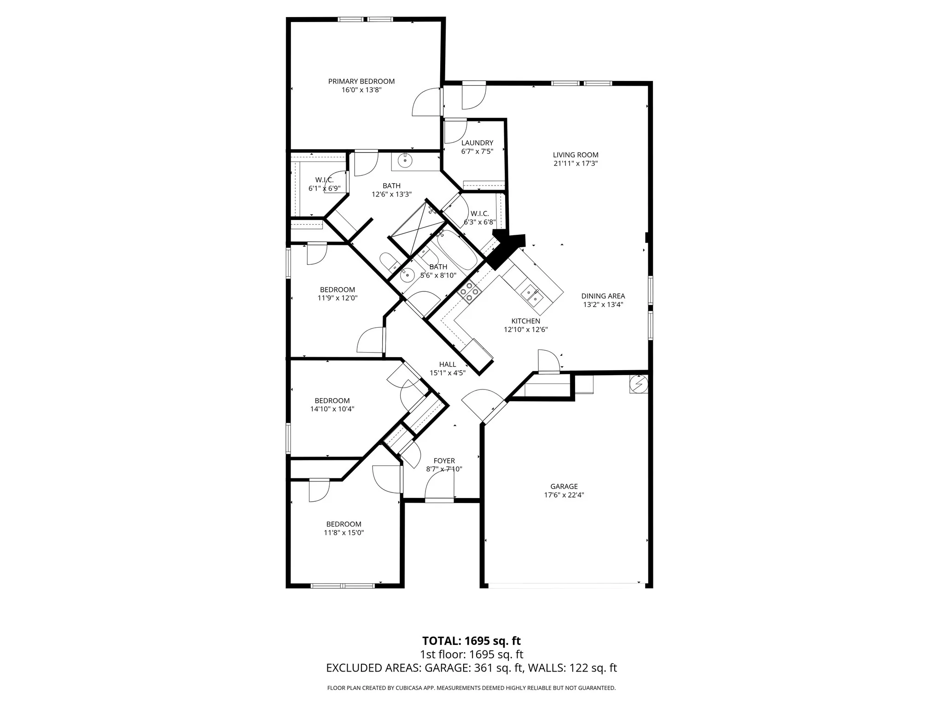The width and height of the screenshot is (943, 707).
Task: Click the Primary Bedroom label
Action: click(361, 81)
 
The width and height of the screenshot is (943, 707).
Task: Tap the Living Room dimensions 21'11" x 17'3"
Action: click(576, 163)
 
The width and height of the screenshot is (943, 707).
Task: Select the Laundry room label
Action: click(477, 143)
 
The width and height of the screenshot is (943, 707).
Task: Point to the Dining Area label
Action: click(603, 296)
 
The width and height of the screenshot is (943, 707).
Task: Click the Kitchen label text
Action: click(526, 321)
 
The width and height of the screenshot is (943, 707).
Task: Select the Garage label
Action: click(564, 487)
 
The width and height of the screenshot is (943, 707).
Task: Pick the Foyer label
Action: click(444, 461)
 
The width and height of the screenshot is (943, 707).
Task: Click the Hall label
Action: click(448, 365)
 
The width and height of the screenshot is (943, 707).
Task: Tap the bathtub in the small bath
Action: click(457, 250)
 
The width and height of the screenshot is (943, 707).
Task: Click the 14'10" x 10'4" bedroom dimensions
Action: click(332, 409)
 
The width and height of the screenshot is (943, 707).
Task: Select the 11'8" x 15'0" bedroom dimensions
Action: click(344, 533)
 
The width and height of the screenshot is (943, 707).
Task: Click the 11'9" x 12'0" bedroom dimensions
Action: click(338, 298)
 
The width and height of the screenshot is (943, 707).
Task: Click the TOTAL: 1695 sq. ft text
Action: click(471, 641)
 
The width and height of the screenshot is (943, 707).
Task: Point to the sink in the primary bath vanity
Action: click(405, 162)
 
